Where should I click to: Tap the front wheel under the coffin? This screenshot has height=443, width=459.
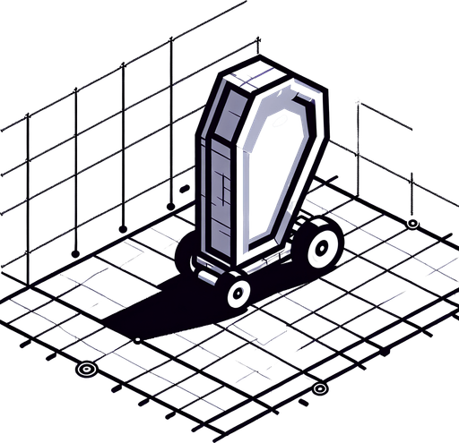pyautogui.click(x=238, y=293)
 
